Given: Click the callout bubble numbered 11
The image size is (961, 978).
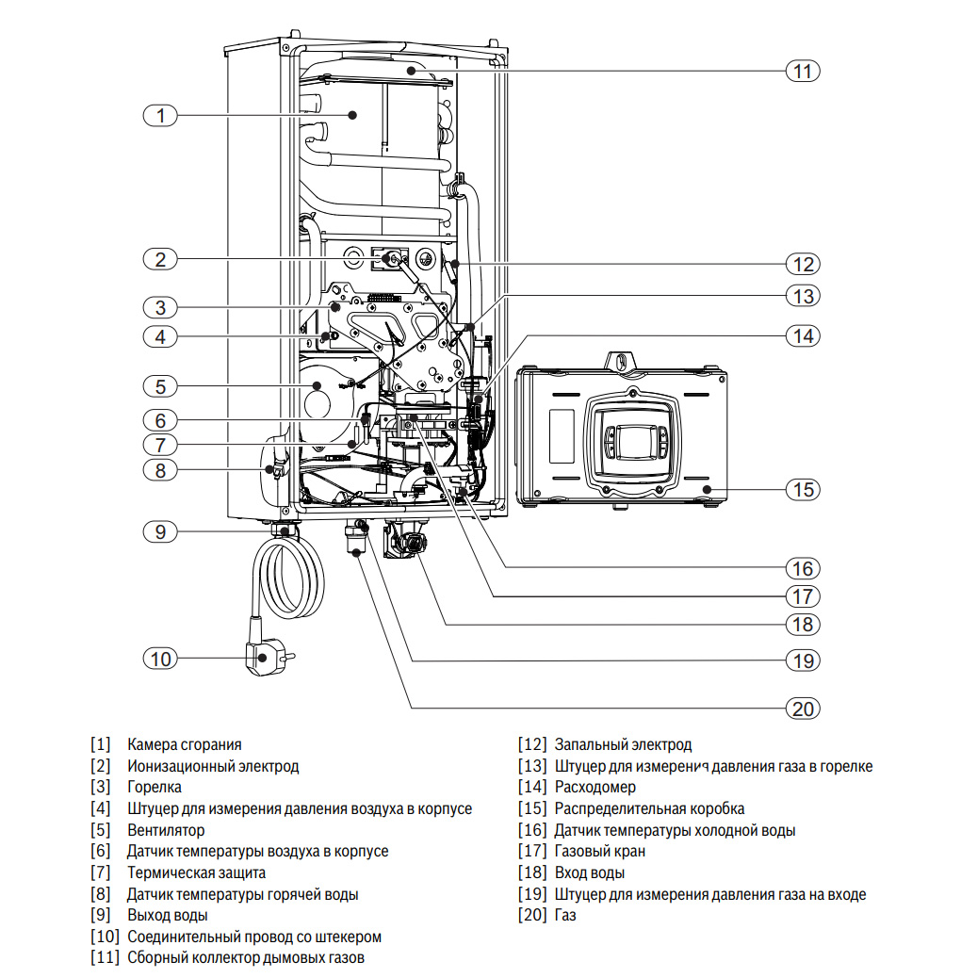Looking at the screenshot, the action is [803, 71].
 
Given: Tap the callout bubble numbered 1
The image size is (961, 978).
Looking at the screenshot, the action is [160, 115].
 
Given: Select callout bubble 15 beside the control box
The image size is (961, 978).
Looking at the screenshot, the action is [803, 490].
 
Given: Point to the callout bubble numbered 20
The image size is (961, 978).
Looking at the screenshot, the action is [803, 709].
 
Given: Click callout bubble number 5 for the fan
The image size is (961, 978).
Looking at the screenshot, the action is [160, 386].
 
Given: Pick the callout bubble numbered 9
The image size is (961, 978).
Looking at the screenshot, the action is [160, 532].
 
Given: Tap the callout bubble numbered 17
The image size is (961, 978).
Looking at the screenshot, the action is [803, 597].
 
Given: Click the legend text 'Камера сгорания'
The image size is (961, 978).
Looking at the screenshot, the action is [184, 744].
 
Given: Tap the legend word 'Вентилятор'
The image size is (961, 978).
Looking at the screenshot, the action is [166, 830].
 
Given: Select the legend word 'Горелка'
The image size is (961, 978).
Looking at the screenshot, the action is [154, 787].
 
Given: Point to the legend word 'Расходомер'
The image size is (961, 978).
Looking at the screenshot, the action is [595, 787].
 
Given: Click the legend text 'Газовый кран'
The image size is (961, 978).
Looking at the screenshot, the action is [600, 852].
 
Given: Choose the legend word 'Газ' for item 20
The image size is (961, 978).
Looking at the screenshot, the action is [565, 915].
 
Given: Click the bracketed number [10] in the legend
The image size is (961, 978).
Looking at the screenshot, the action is [105, 937].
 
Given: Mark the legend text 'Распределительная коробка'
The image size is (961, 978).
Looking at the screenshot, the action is [649, 809].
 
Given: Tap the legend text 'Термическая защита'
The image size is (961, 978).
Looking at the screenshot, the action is [197, 872].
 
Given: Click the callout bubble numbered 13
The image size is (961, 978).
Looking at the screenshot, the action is [803, 296].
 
